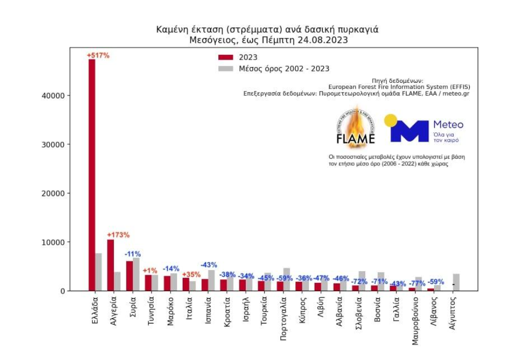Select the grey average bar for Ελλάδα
pos(98,272)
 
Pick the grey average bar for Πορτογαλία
pos(287,279)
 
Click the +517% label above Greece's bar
pos(98,55)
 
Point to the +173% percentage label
pos(118,235)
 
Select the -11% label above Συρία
pos(132,254)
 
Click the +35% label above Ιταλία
pos(191,274)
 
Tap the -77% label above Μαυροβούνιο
pos(417,283)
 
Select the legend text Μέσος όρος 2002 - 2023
pos(284,69)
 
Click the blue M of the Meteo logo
pos(409,131)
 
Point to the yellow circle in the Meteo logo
pos(391,121)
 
